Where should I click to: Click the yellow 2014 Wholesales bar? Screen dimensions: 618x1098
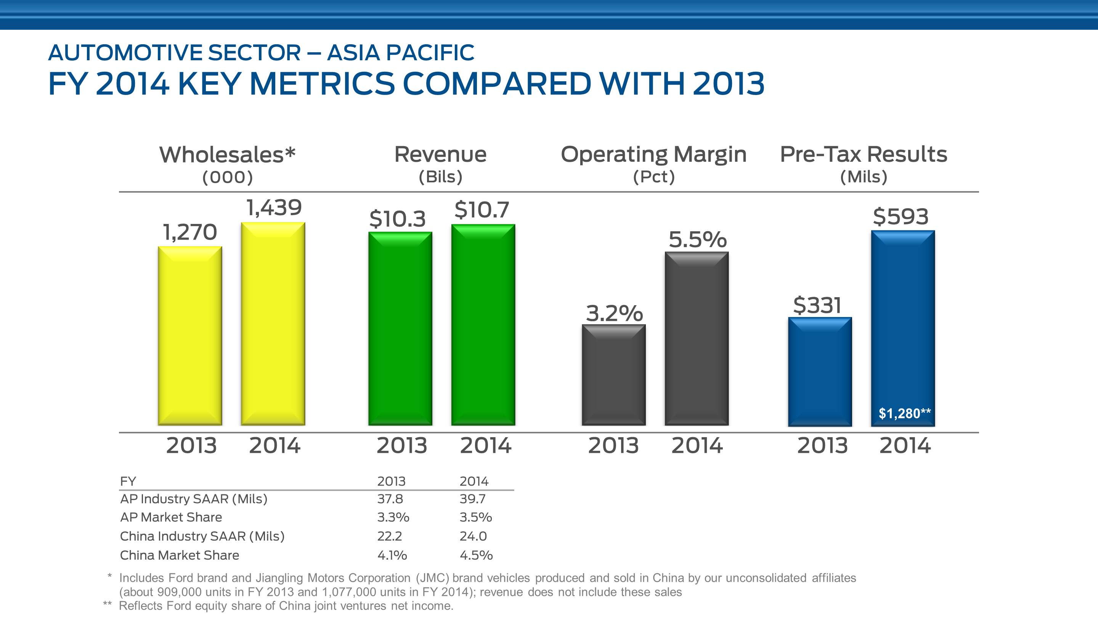pos(273,324)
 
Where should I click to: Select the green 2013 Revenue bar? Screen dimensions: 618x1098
pos(400,328)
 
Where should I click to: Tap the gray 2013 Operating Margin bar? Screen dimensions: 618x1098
pos(613,375)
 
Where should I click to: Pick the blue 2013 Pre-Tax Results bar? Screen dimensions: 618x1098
pos(820,371)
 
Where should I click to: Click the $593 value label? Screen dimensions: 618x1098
pos(901,217)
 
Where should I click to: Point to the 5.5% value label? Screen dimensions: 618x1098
pos(697,239)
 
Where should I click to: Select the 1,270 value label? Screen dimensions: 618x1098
pos(190,232)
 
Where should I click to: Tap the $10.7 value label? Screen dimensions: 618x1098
pos(482,210)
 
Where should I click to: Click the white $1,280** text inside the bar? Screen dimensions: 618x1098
pos(904,413)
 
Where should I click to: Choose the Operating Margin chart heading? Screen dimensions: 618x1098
pos(653,154)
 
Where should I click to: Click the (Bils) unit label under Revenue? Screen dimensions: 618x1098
pos(440,177)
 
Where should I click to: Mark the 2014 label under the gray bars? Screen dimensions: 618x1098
pos(697,446)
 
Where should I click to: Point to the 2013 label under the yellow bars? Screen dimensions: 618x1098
pos(191,446)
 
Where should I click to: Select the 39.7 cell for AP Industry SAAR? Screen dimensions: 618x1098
pos(472,499)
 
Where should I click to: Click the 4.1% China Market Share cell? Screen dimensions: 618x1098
pos(392,555)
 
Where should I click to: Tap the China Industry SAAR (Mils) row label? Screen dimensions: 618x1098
pos(202,536)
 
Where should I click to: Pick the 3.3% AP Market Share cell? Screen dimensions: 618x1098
pos(393,517)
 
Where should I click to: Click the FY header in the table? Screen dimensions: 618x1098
pos(128,481)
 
